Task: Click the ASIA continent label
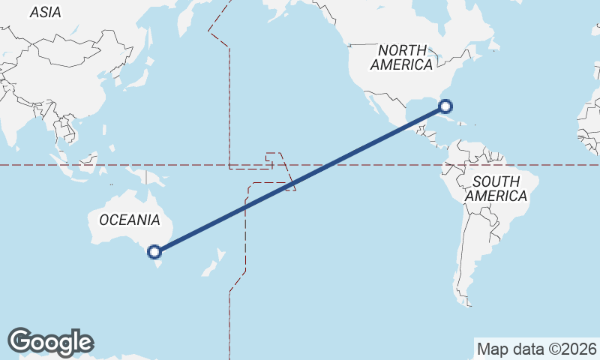tap(45, 12)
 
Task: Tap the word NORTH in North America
tap(403, 50)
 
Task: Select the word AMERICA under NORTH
tap(401, 64)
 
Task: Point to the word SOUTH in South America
tap(496, 181)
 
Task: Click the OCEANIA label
tap(129, 220)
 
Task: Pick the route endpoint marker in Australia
tap(155, 252)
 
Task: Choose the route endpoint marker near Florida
tap(445, 106)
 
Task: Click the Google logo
tap(50, 341)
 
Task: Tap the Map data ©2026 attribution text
tap(536, 349)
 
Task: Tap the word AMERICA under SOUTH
tap(496, 196)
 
